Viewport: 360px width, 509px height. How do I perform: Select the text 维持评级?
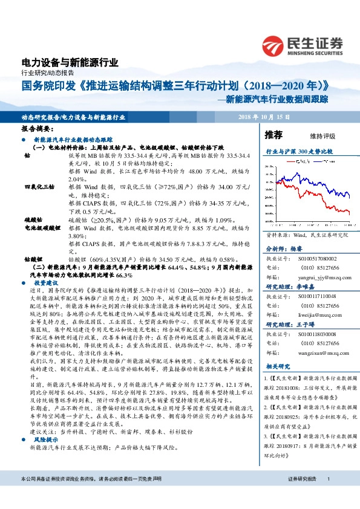coord(322,137)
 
